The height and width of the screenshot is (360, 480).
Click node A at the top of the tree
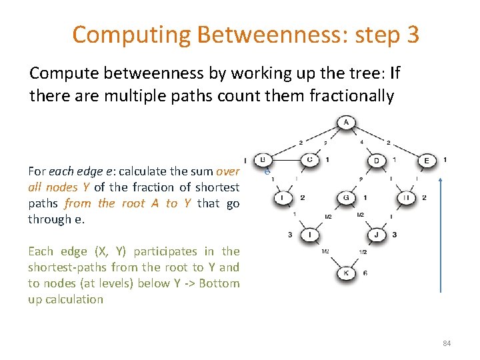[x=346, y=123]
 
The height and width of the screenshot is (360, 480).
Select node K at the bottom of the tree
[x=346, y=273]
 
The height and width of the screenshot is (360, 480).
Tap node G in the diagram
[x=346, y=198]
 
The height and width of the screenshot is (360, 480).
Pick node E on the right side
[x=427, y=161]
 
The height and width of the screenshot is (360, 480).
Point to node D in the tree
[x=377, y=161]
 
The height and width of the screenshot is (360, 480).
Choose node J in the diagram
[x=377, y=235]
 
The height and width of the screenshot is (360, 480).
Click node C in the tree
[x=309, y=160]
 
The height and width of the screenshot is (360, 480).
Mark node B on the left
[x=263, y=160]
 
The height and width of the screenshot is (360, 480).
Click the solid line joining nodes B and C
[x=286, y=160]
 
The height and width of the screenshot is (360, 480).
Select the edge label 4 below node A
[x=362, y=142]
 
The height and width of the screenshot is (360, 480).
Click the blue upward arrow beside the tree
[x=441, y=233]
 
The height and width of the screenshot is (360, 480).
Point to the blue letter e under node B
[x=266, y=171]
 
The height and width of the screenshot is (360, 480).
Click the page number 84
[x=447, y=343]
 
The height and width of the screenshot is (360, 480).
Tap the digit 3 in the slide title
[x=411, y=35]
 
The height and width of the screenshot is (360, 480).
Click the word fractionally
[x=352, y=96]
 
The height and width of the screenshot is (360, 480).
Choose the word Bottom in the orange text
[x=220, y=283]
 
